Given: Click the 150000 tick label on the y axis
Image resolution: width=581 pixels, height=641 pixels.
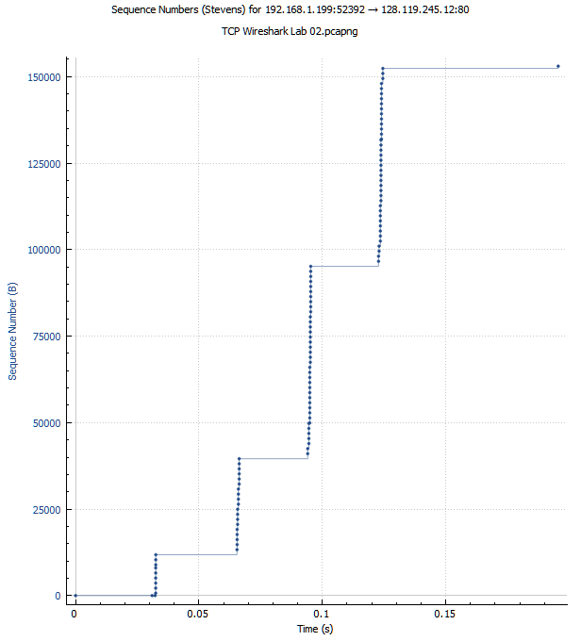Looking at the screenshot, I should pyautogui.click(x=43, y=76).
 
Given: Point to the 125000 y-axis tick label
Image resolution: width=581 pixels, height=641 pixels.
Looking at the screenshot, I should pyautogui.click(x=43, y=163).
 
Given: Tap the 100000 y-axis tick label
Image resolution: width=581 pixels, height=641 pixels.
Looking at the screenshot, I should pyautogui.click(x=43, y=250).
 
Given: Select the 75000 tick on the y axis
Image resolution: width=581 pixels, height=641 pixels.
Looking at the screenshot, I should pyautogui.click(x=46, y=337).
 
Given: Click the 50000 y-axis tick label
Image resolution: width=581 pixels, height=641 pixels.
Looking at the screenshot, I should pyautogui.click(x=46, y=423).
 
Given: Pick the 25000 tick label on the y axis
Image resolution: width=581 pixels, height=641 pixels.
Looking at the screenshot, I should pyautogui.click(x=46, y=510).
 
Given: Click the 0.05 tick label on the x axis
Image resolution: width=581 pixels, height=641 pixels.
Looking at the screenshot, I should pyautogui.click(x=198, y=613).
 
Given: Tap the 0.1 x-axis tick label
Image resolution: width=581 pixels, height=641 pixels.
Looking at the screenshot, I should pyautogui.click(x=322, y=613).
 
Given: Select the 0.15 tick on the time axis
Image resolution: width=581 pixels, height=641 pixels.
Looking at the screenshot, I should pyautogui.click(x=445, y=613).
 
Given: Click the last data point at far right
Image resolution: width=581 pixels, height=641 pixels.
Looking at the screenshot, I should pyautogui.click(x=558, y=66).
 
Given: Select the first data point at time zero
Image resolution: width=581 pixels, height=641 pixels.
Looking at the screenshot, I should pyautogui.click(x=75, y=596).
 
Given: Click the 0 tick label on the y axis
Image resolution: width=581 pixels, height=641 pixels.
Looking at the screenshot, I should pyautogui.click(x=58, y=596).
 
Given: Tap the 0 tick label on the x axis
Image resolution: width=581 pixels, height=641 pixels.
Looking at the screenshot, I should pyautogui.click(x=75, y=613).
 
